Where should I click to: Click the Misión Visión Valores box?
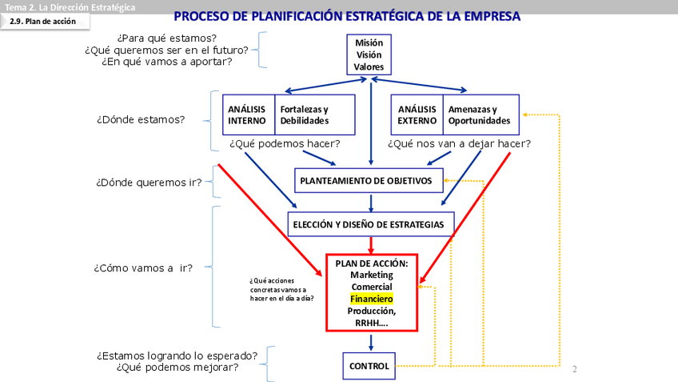pos(369,55)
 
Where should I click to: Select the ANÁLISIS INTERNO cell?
pos(246,115)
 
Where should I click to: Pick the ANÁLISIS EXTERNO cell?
pos(417,115)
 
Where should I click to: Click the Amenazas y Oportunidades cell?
pos(480,115)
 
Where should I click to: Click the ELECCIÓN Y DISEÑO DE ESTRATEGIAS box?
pos(371,224)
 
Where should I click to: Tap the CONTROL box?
pos(369,367)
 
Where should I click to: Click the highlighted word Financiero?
pos(371,299)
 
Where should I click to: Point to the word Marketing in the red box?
pos(371,275)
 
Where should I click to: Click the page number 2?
pos(574,370)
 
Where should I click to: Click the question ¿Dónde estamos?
pos(141,120)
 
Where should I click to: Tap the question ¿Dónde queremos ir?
pos(149,182)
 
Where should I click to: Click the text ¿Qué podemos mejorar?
pos(177,368)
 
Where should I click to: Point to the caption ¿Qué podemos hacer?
pos(285,144)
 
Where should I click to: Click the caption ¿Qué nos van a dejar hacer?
pos(459,144)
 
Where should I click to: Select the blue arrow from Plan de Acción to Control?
pos(371,342)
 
